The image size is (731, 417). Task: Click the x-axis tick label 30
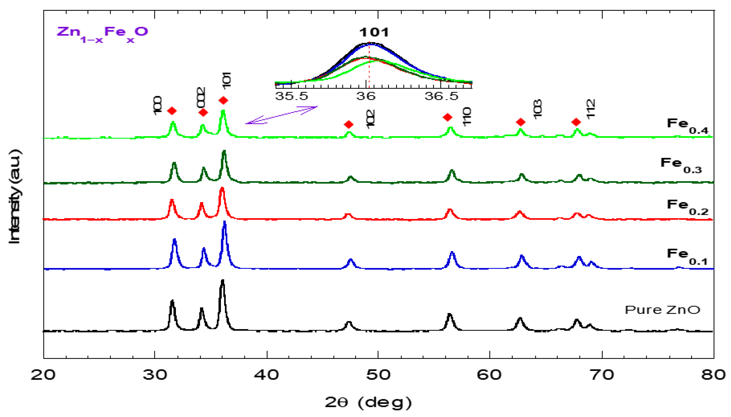click(x=155, y=375)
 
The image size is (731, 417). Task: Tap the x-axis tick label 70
click(x=602, y=375)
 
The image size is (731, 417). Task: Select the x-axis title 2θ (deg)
click(x=368, y=402)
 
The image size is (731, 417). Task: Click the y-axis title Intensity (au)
click(x=14, y=196)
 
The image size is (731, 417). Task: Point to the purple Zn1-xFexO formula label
click(x=102, y=34)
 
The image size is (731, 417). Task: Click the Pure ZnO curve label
click(x=662, y=310)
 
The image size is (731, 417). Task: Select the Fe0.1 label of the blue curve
click(x=687, y=256)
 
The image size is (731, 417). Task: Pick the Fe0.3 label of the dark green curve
click(x=681, y=165)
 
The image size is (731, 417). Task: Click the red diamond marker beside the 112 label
click(x=576, y=122)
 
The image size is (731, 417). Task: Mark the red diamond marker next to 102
click(x=348, y=124)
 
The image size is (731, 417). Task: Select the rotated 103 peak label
click(x=538, y=109)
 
